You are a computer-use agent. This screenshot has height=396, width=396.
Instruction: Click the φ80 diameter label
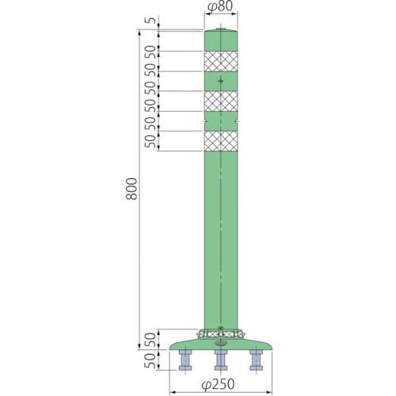coord(220,6)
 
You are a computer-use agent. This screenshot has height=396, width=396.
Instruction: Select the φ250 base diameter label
coord(218,385)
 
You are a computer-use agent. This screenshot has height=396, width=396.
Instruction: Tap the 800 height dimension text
coord(131,188)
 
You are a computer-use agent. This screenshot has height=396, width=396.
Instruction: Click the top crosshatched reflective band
coord(221,61)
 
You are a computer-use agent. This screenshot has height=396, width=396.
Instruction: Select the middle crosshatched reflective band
coord(221,101)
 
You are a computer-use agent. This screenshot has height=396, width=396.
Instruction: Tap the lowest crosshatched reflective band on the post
coord(221,141)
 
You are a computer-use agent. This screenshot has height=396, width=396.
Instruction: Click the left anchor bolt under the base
coord(185,360)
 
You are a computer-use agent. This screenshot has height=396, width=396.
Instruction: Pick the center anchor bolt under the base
coord(221,360)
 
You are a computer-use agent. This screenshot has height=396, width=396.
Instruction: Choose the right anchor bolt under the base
coord(257,360)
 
